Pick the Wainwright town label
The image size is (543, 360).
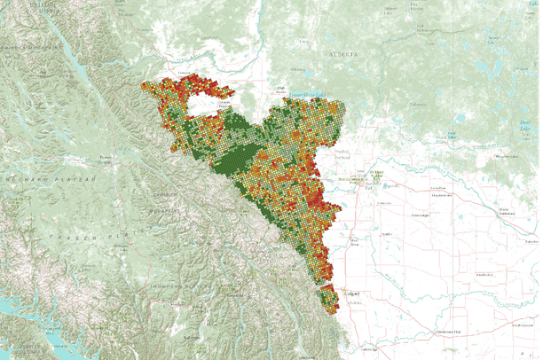click(416, 215)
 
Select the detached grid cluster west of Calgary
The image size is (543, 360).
click(329, 300)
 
